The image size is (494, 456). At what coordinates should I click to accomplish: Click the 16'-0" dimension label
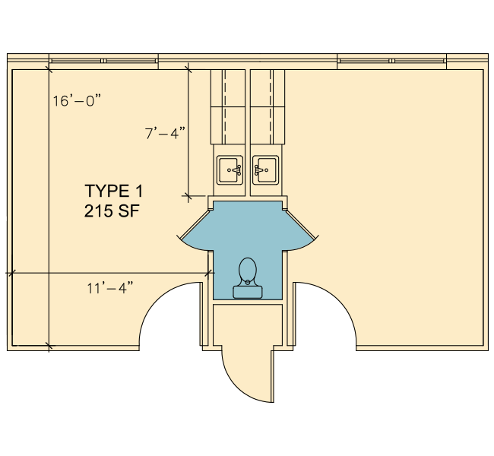tap(77, 101)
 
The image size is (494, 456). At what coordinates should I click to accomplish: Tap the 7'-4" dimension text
tap(165, 133)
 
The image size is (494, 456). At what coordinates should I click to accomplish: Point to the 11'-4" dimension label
tap(110, 288)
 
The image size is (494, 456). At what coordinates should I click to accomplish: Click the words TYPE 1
tap(114, 191)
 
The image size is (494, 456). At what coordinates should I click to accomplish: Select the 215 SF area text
tap(112, 211)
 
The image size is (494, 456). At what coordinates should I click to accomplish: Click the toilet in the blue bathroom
tap(248, 277)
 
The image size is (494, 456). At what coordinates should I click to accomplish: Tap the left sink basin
tap(230, 170)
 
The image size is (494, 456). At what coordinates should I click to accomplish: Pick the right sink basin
tap(265, 170)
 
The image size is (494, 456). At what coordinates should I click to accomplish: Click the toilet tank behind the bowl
tap(248, 292)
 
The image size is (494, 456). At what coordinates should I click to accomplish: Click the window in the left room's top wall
tap(103, 61)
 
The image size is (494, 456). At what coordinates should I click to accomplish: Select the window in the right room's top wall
tap(391, 61)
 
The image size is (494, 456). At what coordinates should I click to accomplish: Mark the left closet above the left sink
tap(228, 107)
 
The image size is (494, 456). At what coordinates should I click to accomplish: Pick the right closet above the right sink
tap(268, 107)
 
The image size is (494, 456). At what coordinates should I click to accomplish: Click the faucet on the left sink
tap(236, 170)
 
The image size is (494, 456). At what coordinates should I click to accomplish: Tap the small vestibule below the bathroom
tap(248, 325)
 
